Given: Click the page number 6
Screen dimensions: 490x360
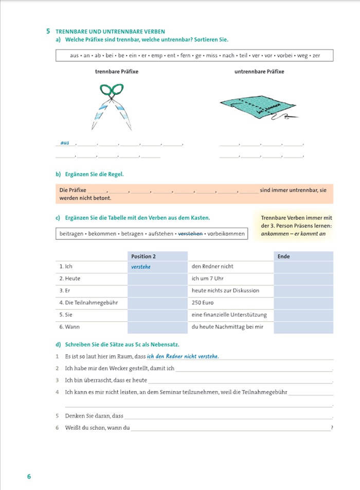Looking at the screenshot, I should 29,476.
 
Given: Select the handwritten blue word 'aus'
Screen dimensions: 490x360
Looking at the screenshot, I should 65,143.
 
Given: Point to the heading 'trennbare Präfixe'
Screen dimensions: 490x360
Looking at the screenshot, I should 117,72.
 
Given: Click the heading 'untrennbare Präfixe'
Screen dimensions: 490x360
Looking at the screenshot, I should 259,72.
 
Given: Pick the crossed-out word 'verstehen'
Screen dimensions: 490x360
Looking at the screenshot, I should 190,234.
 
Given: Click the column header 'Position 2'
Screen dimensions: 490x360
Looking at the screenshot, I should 143,256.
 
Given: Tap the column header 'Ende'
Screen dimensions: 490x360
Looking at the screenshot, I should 283,256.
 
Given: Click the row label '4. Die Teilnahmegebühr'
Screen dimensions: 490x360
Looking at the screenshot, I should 88,303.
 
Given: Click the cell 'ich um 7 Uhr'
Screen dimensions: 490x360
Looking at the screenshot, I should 208,278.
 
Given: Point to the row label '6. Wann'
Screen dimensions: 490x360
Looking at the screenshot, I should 69,327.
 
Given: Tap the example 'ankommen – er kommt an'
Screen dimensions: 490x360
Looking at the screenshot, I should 290,234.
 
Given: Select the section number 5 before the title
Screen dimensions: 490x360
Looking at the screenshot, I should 48,31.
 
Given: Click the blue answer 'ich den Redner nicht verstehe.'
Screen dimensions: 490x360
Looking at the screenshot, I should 183,356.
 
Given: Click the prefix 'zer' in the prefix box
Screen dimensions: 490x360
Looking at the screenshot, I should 316,55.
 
